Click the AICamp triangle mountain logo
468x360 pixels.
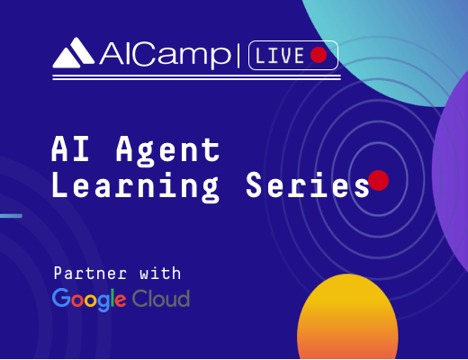(x=73, y=53)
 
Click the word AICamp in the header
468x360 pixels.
(x=166, y=55)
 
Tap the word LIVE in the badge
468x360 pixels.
(x=280, y=56)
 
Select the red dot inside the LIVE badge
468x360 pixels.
(x=319, y=55)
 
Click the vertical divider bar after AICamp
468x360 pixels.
(x=238, y=56)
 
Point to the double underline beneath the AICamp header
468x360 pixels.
(x=196, y=77)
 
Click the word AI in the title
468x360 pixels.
(x=71, y=148)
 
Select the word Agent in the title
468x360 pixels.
(x=168, y=151)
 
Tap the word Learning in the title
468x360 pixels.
(x=135, y=185)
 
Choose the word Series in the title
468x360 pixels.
(x=308, y=184)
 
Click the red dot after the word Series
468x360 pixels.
(x=379, y=180)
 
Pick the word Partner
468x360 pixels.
(x=90, y=273)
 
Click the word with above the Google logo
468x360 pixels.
(x=160, y=273)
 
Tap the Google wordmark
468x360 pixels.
(x=89, y=300)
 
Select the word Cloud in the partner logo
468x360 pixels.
(x=161, y=298)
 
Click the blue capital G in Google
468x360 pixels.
(x=61, y=298)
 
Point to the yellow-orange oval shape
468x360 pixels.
(x=347, y=317)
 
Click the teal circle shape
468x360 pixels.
(x=387, y=48)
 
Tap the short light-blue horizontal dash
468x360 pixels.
(x=11, y=216)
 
